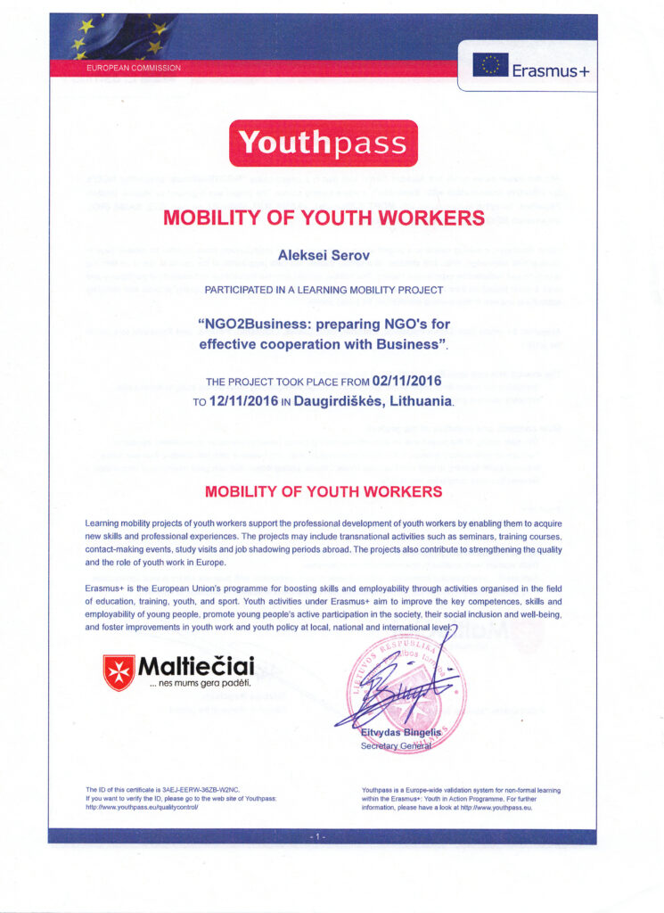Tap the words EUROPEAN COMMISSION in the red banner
[x=133, y=68]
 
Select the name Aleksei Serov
[x=323, y=256]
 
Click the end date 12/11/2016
[x=249, y=402]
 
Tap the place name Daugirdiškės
[x=344, y=402]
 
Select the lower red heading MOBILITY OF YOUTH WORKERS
[x=323, y=491]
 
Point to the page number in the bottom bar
[x=322, y=837]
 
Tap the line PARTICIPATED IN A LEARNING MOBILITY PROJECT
[x=323, y=291]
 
